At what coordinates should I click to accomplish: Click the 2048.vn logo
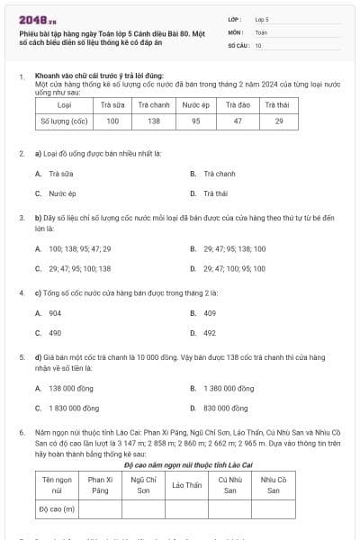pyautogui.click(x=37, y=18)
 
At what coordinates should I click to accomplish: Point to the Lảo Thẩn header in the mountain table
pyautogui.click(x=186, y=485)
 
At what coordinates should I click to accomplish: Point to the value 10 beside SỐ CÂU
pyautogui.click(x=258, y=44)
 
